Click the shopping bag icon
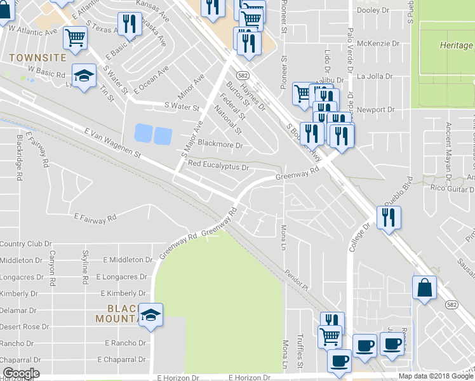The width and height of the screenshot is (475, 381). click(x=424, y=287)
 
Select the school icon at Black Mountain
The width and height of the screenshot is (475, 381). click(x=151, y=314)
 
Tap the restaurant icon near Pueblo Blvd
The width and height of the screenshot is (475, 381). click(x=387, y=217)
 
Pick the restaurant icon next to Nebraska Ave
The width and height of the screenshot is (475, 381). click(x=130, y=24)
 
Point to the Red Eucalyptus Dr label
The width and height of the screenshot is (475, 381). click(x=218, y=166)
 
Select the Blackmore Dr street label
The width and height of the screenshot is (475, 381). click(x=220, y=145)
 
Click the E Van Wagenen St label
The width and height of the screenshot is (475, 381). click(x=111, y=142)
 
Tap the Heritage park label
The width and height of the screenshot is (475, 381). click(x=455, y=46)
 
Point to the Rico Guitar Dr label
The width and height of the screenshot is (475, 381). click(x=453, y=189)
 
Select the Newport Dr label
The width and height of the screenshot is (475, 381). click(x=375, y=110)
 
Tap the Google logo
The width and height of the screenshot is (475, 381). click(x=20, y=373)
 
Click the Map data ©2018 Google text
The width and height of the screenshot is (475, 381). click(x=436, y=376)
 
